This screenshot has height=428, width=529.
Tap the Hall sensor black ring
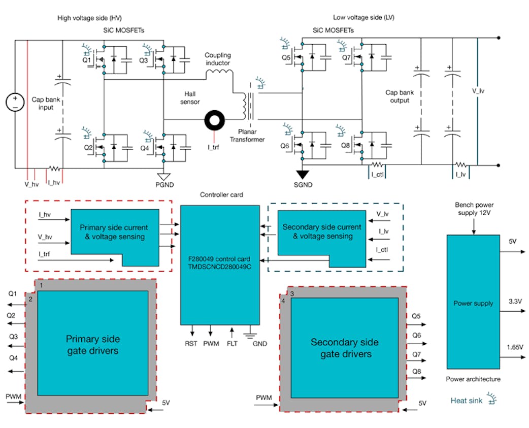click(x=215, y=122)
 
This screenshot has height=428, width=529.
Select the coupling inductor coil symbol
click(x=218, y=74)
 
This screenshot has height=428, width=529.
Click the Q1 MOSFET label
click(x=87, y=61)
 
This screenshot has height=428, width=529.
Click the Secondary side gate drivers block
click(x=344, y=348)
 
